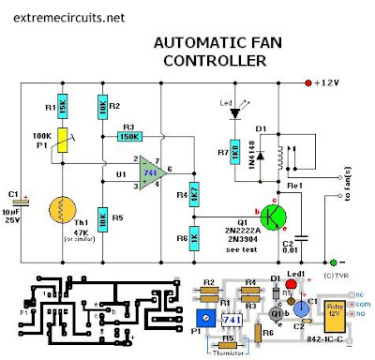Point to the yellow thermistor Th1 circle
64,213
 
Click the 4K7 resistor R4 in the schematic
194,195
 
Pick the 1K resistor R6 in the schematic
194,237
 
